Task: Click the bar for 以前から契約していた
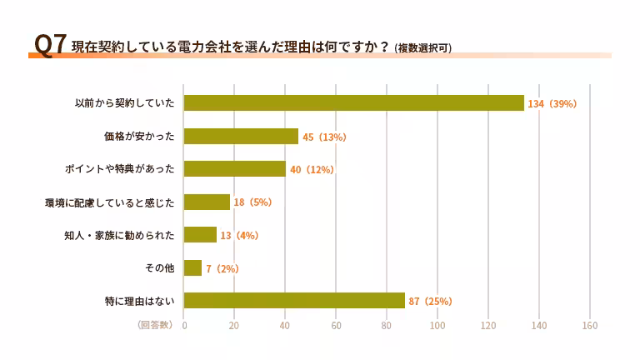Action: click(353, 103)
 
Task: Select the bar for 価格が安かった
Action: click(241, 136)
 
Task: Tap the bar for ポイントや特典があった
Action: click(234, 169)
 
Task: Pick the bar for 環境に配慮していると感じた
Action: click(207, 202)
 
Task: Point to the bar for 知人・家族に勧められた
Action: click(200, 235)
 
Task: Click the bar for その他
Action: click(192, 267)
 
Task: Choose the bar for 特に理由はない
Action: click(294, 301)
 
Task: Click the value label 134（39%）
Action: click(552, 104)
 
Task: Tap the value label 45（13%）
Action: click(324, 137)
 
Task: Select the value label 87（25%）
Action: click(430, 302)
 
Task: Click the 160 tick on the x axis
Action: click(590, 325)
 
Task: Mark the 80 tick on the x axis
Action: click(387, 325)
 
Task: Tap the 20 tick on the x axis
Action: click(234, 325)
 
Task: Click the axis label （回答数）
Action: click(154, 325)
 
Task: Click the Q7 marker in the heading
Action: click(50, 44)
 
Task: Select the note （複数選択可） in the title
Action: click(423, 47)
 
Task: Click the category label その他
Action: click(159, 268)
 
